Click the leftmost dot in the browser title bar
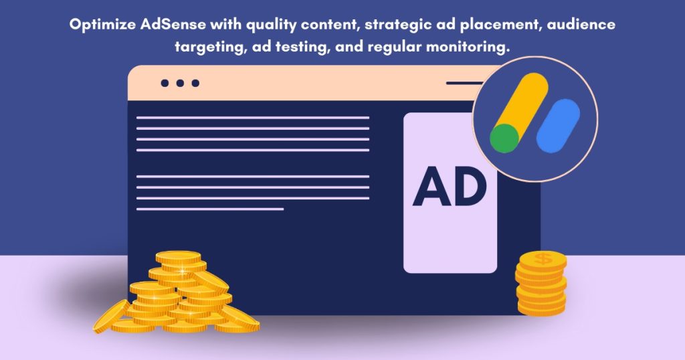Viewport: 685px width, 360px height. coord(165,84)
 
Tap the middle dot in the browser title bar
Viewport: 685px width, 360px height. coord(180,84)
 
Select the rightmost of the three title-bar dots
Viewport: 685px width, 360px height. coord(195,84)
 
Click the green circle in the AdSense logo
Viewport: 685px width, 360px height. coord(504,138)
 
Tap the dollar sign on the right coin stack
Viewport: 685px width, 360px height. coord(542,258)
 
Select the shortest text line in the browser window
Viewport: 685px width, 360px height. coord(210,209)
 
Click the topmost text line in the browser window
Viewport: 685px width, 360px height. coord(253,117)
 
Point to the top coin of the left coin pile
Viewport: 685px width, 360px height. coord(178,257)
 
